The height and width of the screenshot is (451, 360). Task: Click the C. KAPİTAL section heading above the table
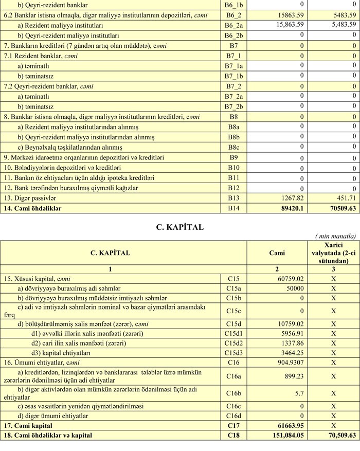[x=180, y=227]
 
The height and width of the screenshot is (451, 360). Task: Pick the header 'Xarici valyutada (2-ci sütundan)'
[x=334, y=253]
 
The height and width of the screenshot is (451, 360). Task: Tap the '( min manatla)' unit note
[x=338, y=236]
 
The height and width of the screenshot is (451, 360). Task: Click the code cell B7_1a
[x=233, y=65]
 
